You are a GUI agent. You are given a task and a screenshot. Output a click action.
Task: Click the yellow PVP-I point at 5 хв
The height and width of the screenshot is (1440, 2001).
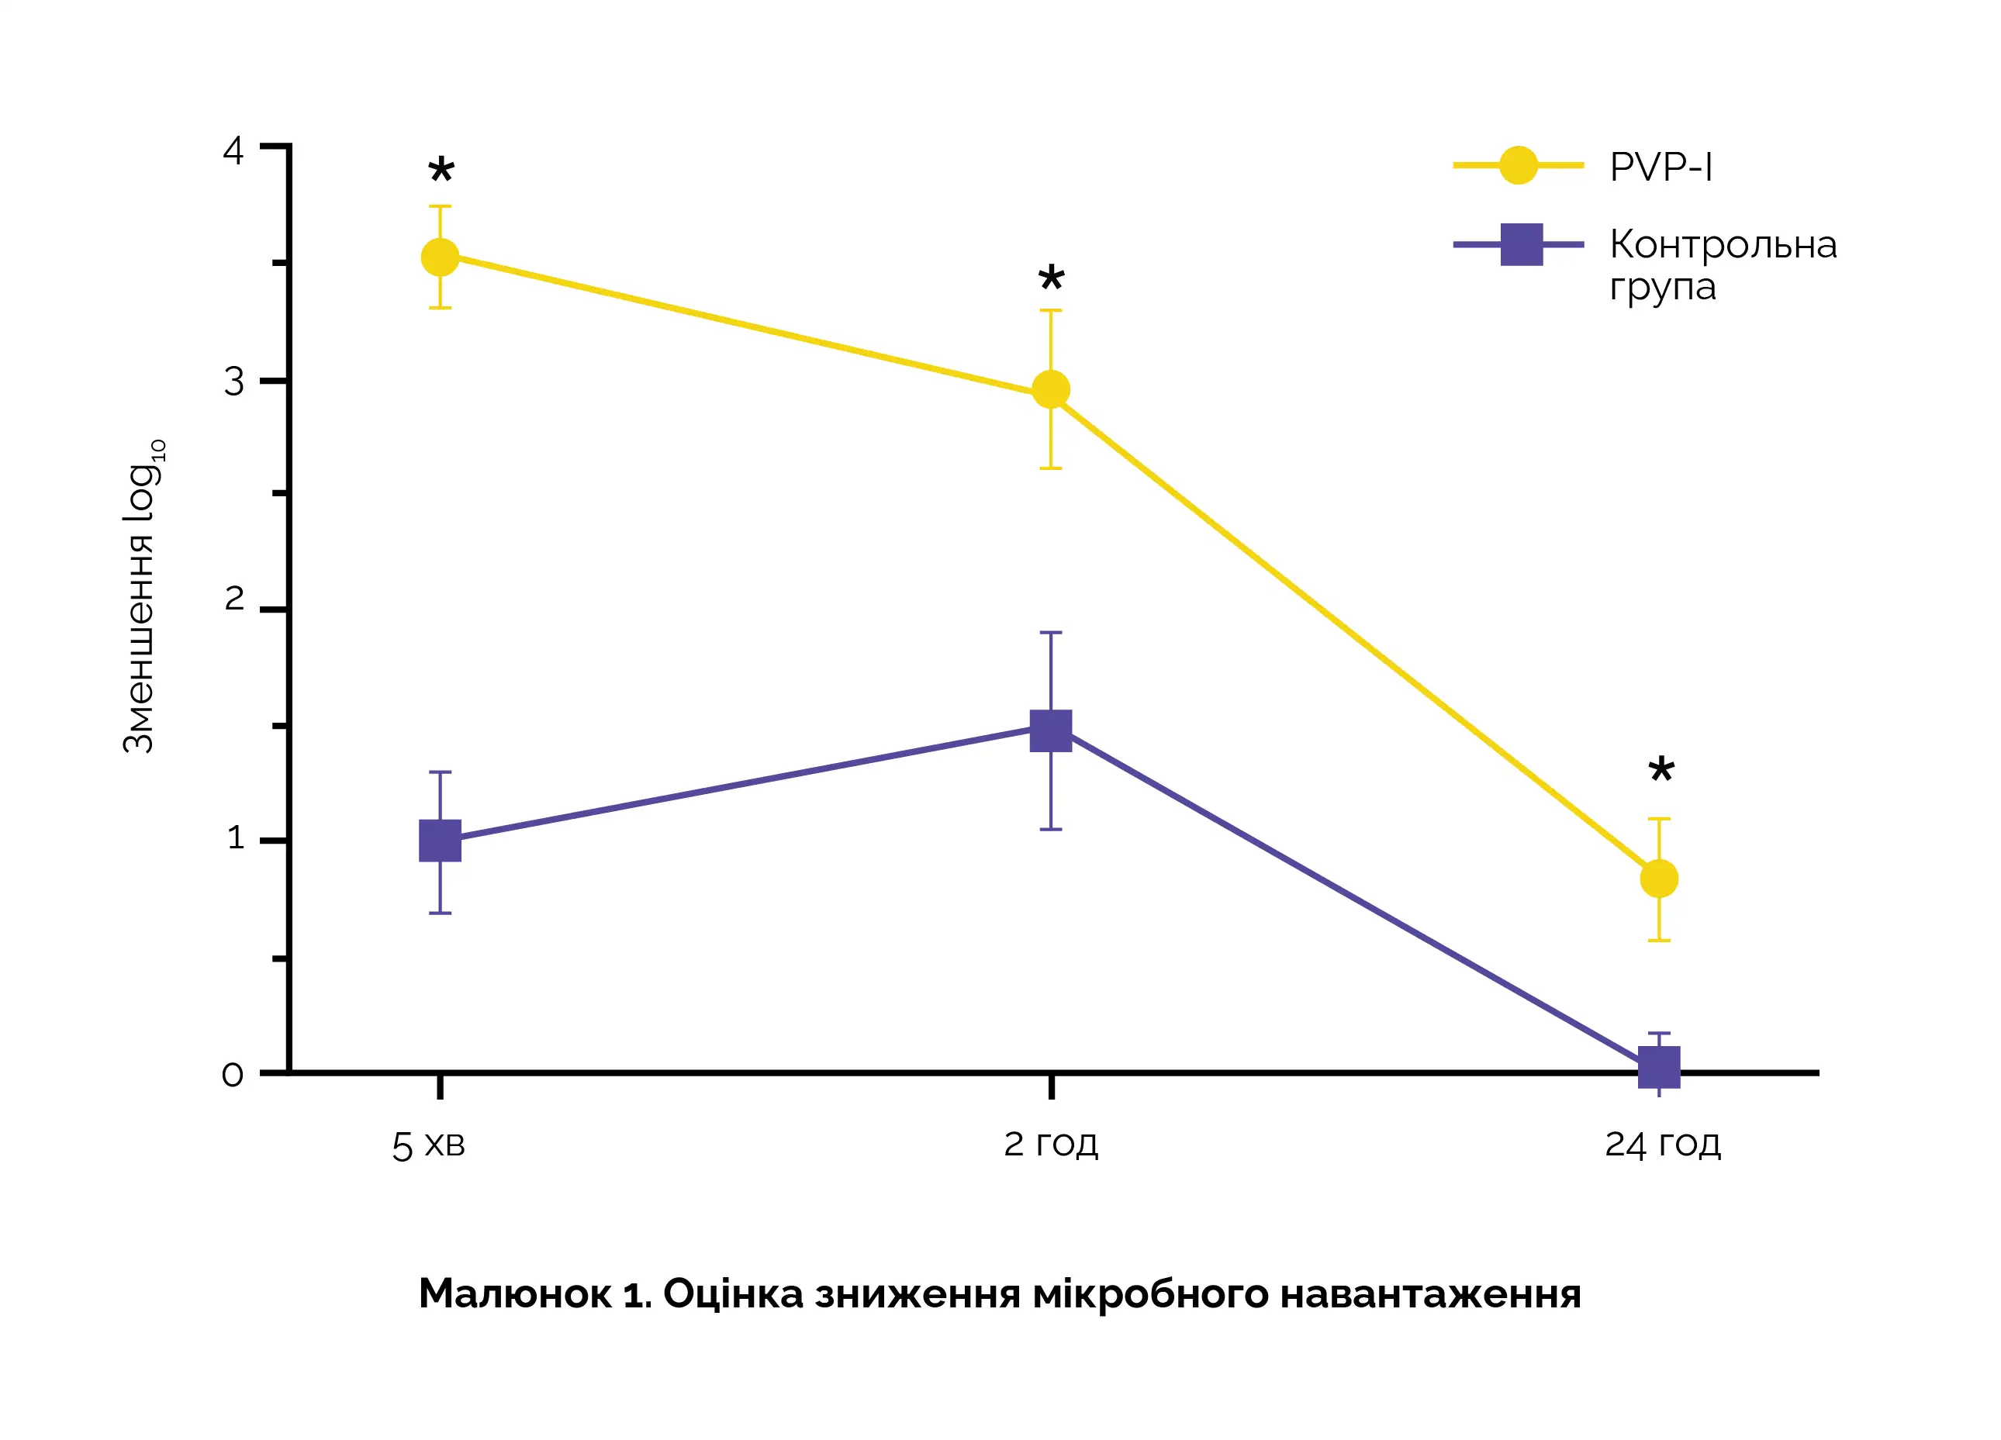click(x=441, y=257)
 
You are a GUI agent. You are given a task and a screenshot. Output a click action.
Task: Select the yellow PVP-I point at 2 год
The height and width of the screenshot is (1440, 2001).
click(x=1051, y=389)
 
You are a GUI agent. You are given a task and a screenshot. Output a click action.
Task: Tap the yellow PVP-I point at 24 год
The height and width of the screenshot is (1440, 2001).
click(x=1659, y=878)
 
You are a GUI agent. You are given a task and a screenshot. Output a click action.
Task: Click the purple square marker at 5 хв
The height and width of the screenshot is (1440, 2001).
click(x=441, y=840)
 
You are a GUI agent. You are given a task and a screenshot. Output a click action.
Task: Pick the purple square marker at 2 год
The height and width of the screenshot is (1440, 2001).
click(x=1051, y=730)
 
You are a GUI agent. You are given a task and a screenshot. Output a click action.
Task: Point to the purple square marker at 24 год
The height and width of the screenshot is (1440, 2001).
click(x=1659, y=1067)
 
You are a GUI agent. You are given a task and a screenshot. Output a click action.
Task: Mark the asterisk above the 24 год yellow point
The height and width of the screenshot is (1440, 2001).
click(x=1661, y=769)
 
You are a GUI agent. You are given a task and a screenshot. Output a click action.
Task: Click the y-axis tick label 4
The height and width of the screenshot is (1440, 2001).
click(x=233, y=151)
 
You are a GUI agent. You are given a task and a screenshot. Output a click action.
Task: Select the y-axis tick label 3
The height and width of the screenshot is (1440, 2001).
click(x=233, y=382)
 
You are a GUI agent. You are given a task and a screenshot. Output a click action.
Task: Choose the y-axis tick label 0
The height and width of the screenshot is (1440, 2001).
click(x=232, y=1075)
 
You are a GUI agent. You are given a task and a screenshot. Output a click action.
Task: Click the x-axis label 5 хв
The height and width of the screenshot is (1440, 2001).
click(x=428, y=1145)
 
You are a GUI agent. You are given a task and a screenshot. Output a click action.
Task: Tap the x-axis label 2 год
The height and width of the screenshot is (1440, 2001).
click(x=1051, y=1145)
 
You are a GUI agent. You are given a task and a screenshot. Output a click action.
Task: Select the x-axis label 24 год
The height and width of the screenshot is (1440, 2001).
click(x=1662, y=1145)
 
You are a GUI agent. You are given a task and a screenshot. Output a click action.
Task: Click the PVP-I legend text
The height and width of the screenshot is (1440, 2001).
click(x=1661, y=167)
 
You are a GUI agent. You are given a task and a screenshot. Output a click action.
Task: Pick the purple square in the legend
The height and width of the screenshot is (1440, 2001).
click(x=1521, y=244)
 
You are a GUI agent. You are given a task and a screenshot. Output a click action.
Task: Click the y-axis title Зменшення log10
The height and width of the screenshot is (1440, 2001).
click(x=141, y=596)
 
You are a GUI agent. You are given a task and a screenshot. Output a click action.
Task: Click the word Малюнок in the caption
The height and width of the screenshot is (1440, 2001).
click(x=514, y=1294)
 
